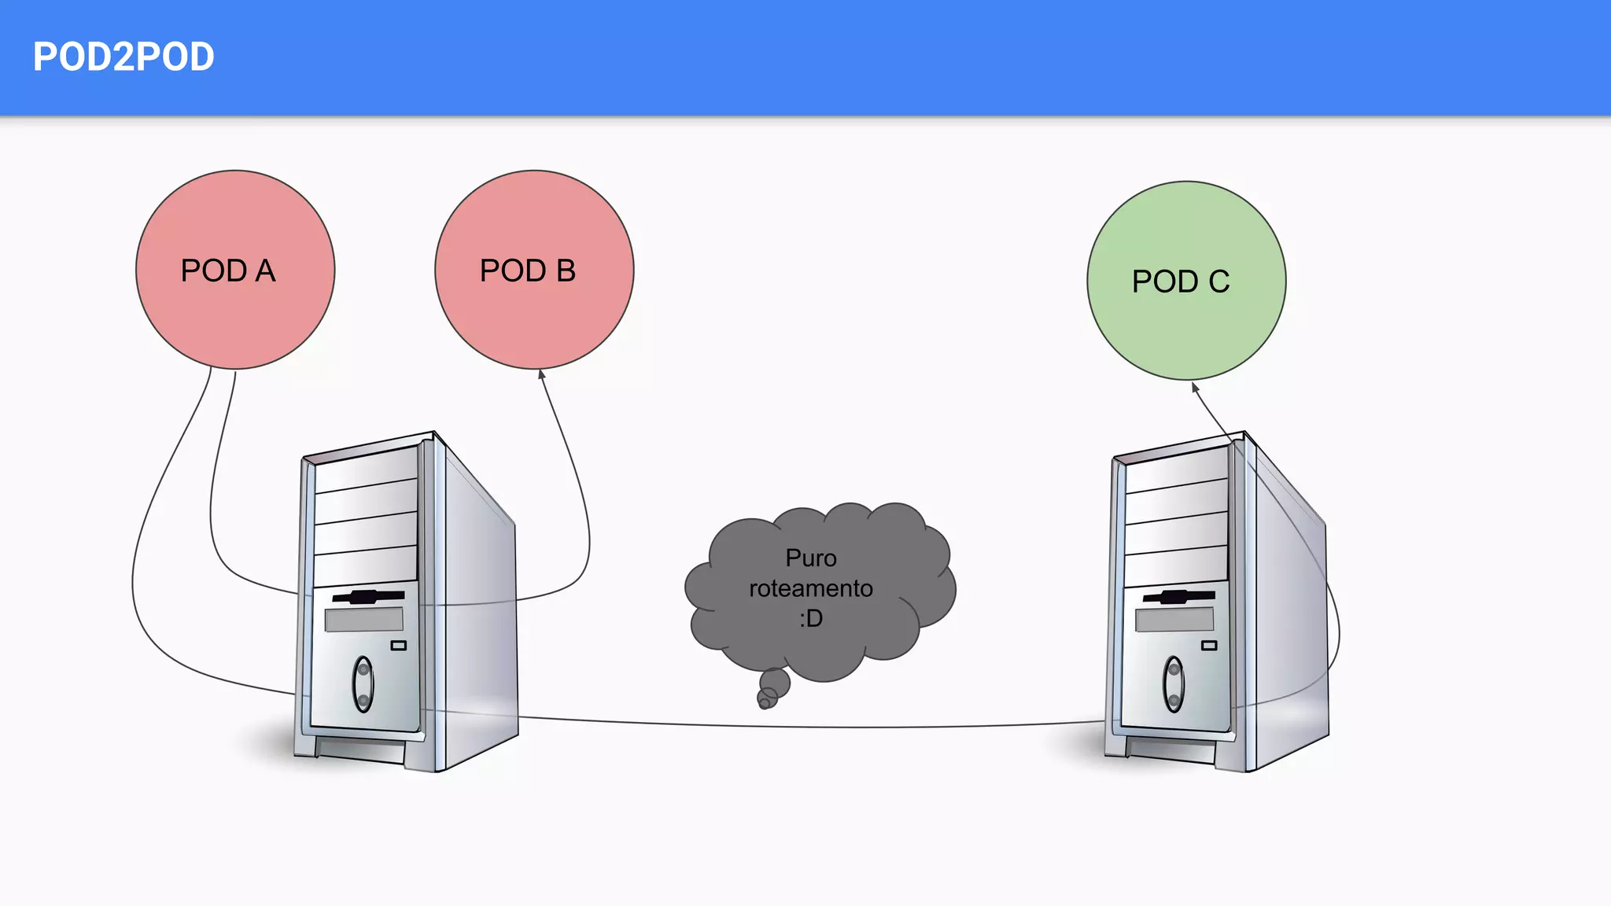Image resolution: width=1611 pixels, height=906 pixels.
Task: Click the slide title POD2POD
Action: [x=123, y=57]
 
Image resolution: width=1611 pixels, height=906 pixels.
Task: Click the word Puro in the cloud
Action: [x=811, y=558]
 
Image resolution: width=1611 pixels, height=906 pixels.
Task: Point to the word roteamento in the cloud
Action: [x=811, y=588]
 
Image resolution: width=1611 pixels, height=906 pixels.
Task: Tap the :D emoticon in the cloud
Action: [x=811, y=618]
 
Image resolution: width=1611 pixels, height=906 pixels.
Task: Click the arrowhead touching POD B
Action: [x=541, y=374]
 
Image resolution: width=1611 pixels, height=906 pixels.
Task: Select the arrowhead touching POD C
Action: [x=1194, y=386]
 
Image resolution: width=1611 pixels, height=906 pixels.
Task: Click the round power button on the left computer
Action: [x=363, y=683]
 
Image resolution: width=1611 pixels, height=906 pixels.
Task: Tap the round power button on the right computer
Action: [x=1174, y=683]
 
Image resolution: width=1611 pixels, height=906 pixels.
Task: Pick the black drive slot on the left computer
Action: [x=368, y=596]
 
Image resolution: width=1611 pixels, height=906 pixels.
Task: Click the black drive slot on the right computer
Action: [x=1178, y=596]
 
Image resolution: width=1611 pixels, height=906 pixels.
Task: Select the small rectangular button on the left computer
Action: [x=399, y=646]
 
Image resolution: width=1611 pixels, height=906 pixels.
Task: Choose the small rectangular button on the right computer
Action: [x=1209, y=646]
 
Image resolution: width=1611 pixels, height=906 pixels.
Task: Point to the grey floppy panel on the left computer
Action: [x=363, y=620]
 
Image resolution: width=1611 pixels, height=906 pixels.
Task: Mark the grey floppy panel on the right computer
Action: [x=1174, y=620]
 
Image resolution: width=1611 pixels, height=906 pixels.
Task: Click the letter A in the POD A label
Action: [x=265, y=271]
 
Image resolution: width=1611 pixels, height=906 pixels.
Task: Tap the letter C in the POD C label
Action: [x=1219, y=282]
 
